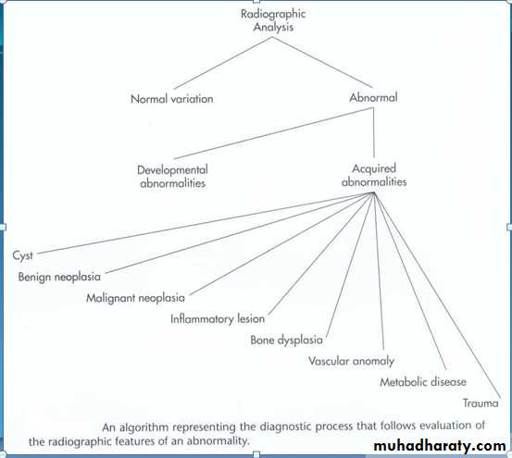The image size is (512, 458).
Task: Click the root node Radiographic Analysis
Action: (273, 20)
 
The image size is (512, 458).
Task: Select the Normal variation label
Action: (172, 99)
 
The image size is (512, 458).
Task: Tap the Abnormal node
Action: (373, 97)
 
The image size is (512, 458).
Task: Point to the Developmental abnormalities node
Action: (173, 176)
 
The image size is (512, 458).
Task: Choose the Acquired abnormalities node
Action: (374, 175)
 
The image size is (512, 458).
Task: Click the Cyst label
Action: (22, 255)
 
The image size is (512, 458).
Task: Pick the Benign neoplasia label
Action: (59, 277)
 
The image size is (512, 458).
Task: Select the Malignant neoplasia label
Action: (135, 298)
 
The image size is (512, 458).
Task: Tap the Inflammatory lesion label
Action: (218, 318)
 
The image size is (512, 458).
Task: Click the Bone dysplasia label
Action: (286, 340)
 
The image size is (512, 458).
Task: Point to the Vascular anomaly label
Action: (351, 361)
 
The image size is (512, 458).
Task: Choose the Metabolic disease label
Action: (423, 381)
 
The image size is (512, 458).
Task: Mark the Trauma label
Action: (481, 403)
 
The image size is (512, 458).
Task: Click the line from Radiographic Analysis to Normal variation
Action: (223, 63)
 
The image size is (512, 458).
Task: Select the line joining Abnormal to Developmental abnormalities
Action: (274, 133)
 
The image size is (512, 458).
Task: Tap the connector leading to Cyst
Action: (205, 223)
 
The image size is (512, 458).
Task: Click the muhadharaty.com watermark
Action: (440, 446)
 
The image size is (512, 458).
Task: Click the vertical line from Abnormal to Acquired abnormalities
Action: (374, 132)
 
